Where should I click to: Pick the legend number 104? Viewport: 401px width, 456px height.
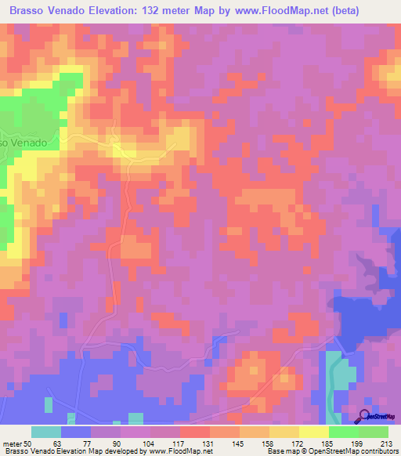pyautogui.click(x=135, y=443)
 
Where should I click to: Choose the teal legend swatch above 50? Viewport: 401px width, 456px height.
pyautogui.click(x=45, y=432)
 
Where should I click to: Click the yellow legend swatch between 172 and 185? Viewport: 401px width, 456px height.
pyautogui.click(x=313, y=432)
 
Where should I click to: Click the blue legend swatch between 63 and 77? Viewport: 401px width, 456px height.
pyautogui.click(x=75, y=432)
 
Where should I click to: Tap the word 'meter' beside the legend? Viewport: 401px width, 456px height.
pyautogui.click(x=11, y=443)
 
